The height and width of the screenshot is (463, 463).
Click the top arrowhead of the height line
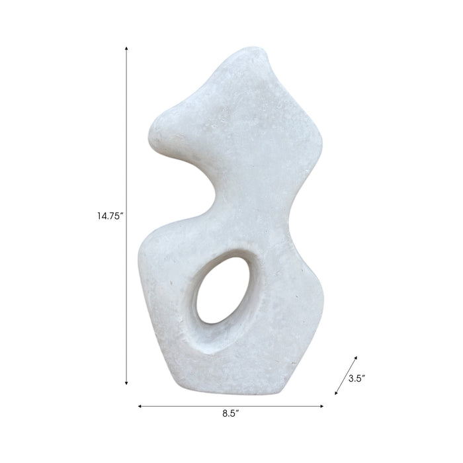click(x=126, y=48)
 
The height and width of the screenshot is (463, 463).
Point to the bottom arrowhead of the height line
click(x=126, y=383)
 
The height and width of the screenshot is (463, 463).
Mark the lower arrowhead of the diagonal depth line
click(x=337, y=394)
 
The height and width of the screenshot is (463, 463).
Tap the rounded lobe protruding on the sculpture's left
click(x=163, y=132)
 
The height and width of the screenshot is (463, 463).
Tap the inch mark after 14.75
click(x=122, y=212)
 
